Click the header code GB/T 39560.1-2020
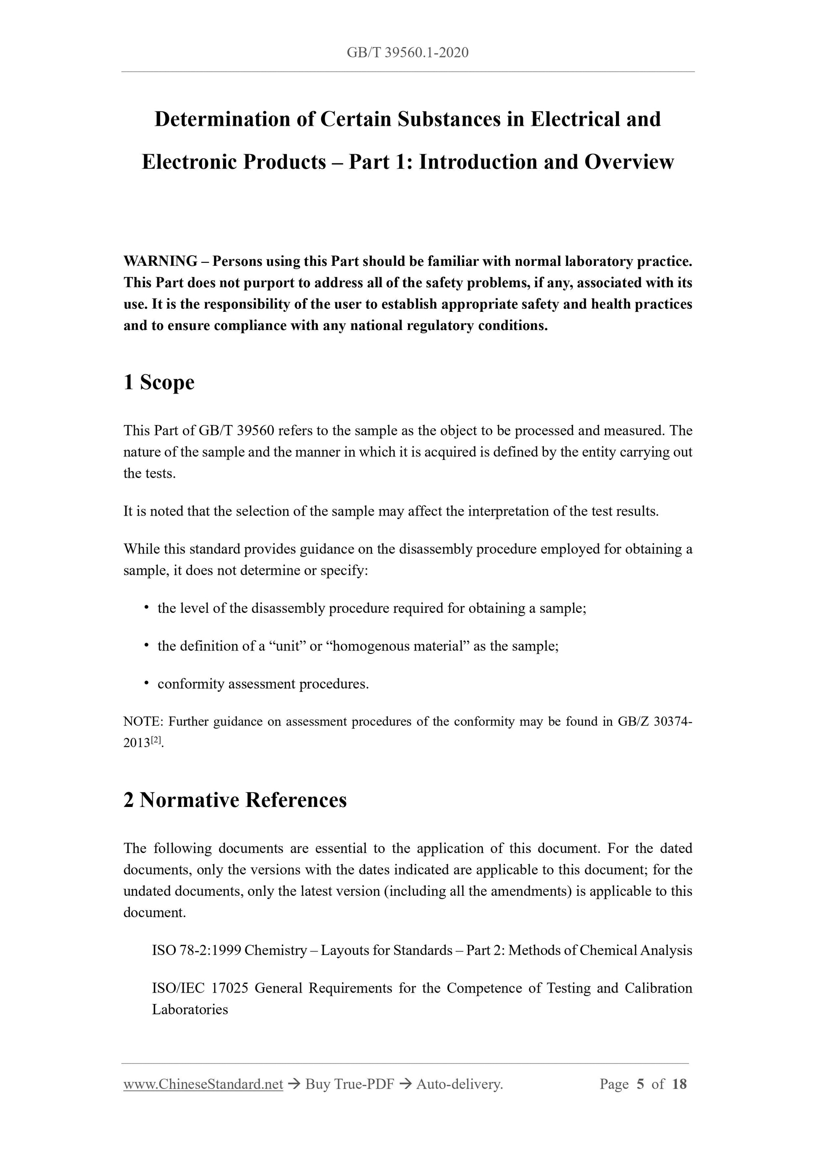click(x=407, y=53)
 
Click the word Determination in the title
click(x=222, y=119)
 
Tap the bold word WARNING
click(x=160, y=262)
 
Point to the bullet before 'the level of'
click(x=146, y=608)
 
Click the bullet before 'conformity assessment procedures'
click(x=146, y=683)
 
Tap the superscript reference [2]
click(x=156, y=740)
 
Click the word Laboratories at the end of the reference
click(x=190, y=1010)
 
